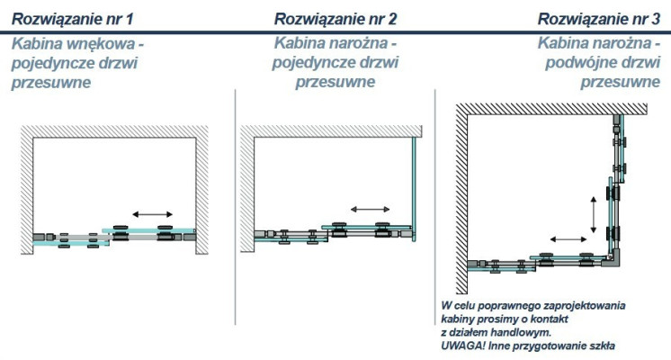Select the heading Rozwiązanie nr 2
[x=336, y=18]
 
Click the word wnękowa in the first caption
[x=115, y=42]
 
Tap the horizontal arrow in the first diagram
[x=147, y=214]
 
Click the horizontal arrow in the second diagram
[x=368, y=209]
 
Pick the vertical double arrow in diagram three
[x=593, y=214]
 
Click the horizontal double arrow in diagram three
[x=569, y=239]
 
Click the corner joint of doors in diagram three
[x=616, y=260]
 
